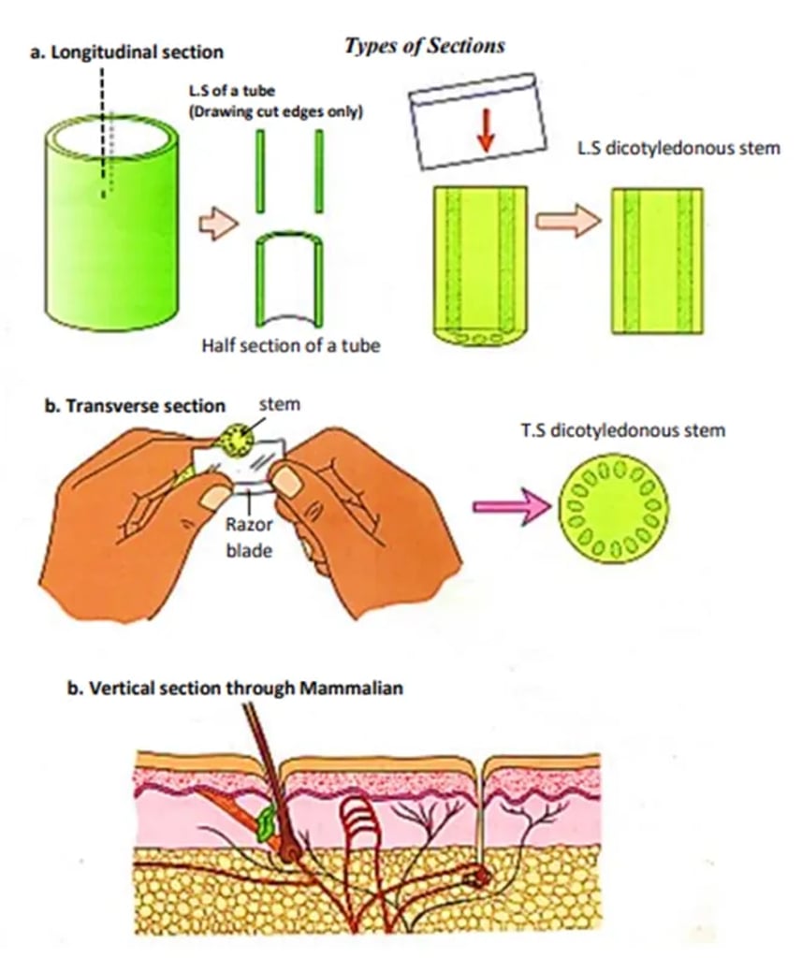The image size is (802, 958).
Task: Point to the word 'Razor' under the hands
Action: pos(248,525)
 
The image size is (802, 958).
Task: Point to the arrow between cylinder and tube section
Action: pos(217,225)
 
